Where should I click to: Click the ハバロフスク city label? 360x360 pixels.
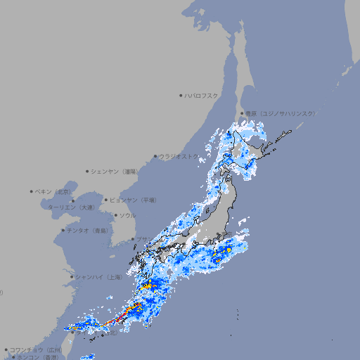click(202, 95)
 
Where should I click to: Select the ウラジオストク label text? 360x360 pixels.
click(179, 156)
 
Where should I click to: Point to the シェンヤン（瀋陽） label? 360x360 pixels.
click(114, 171)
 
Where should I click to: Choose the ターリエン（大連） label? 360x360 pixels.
click(71, 207)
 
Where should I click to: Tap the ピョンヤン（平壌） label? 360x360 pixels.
click(133, 200)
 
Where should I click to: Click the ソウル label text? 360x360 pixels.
click(127, 215)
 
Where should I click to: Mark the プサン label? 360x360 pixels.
click(143, 240)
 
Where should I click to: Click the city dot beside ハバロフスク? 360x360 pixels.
click(181, 95)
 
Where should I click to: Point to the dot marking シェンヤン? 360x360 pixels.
click(87, 171)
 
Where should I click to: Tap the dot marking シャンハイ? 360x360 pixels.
click(72, 277)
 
